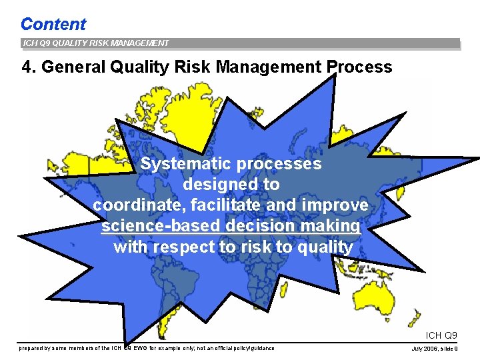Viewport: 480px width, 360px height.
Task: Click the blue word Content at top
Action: coord(53,24)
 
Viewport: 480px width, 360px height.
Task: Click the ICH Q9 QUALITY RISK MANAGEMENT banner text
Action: coord(95,43)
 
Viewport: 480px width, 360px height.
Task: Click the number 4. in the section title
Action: coord(28,67)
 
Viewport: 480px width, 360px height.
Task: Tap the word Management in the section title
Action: coord(271,67)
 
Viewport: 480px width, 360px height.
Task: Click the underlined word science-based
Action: coord(161,226)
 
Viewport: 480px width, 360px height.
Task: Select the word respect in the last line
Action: coord(191,247)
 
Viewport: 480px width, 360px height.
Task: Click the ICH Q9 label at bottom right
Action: coord(441,335)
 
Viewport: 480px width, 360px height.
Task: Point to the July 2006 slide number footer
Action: coord(435,349)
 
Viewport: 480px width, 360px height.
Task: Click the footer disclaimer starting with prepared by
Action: coord(147,348)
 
